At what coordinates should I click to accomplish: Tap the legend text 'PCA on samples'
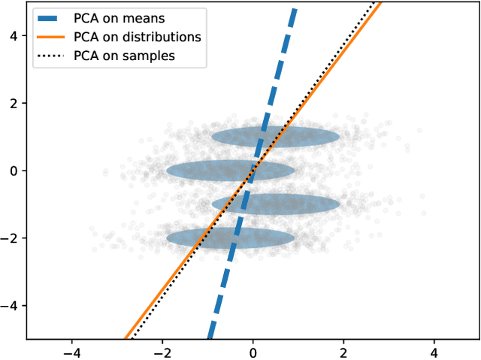[124, 54]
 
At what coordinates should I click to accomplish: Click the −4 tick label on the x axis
[72, 351]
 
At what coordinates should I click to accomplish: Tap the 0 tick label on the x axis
[253, 351]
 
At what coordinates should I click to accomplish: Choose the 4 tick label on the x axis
[434, 351]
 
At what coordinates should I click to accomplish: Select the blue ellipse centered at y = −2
[195, 238]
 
